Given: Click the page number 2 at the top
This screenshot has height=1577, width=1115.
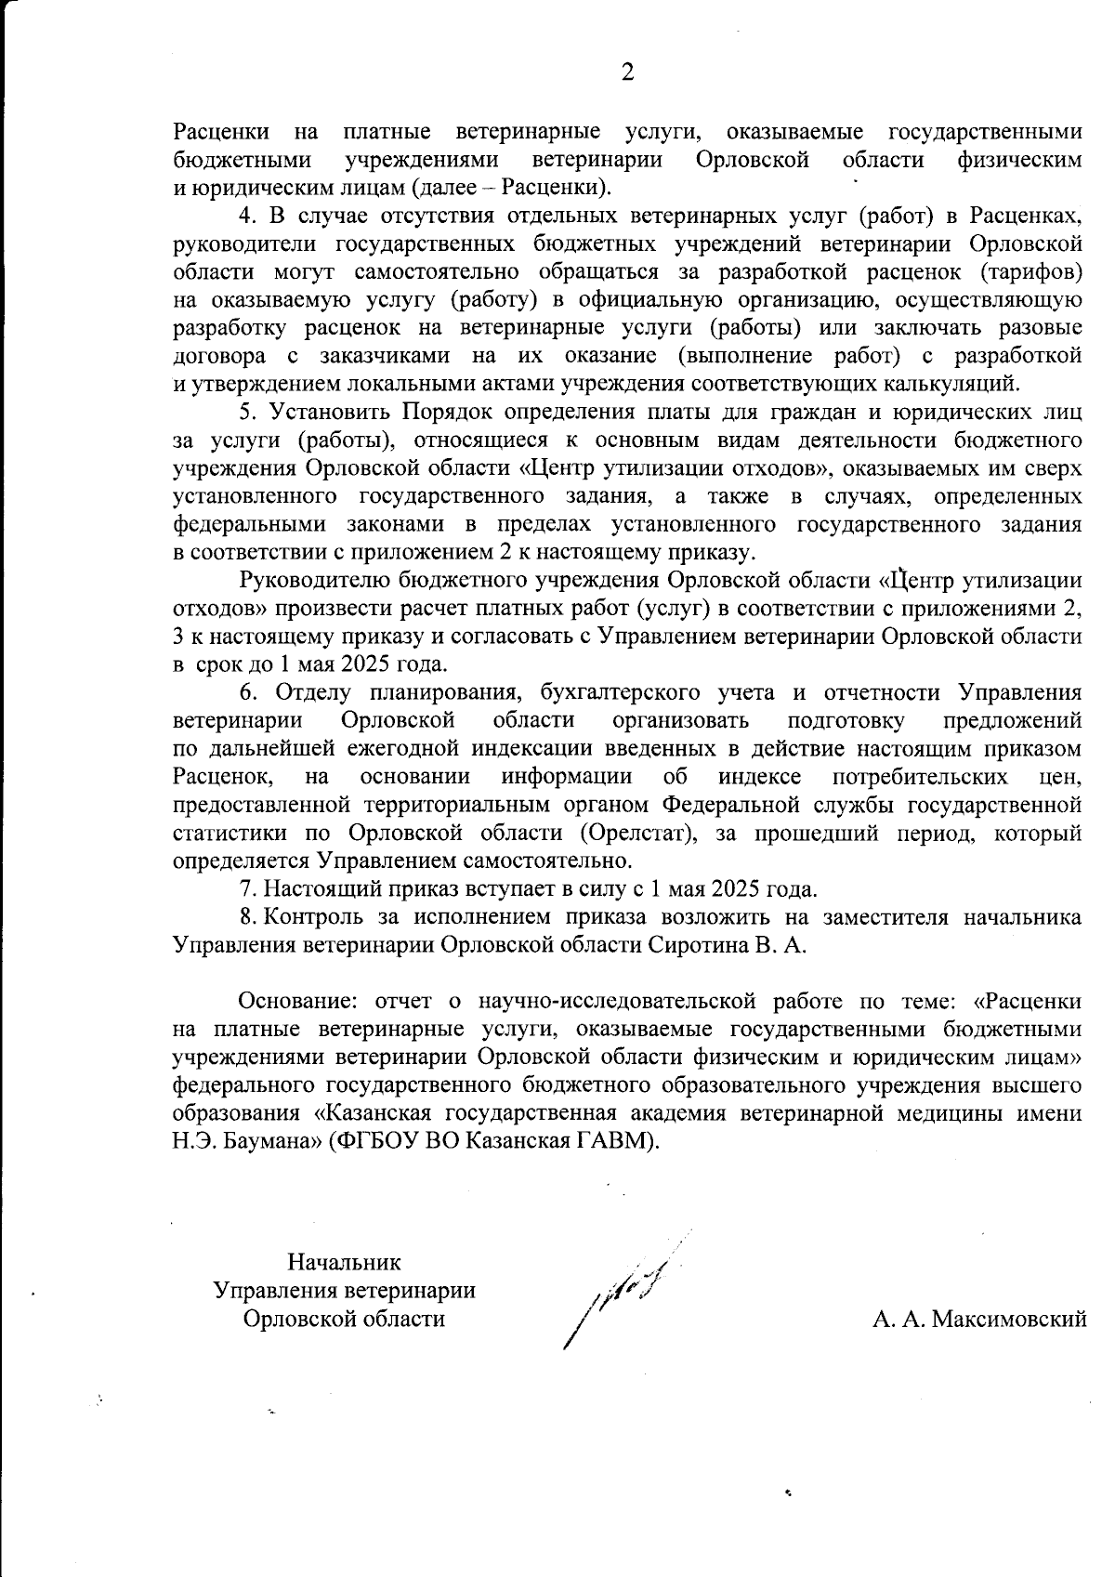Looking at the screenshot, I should coord(627,72).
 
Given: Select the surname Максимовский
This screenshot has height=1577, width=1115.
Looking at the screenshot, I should coord(1008,1319).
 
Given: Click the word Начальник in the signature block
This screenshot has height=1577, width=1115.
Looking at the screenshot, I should coord(344,1262).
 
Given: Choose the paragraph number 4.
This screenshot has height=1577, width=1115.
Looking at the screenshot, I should coord(247,217).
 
